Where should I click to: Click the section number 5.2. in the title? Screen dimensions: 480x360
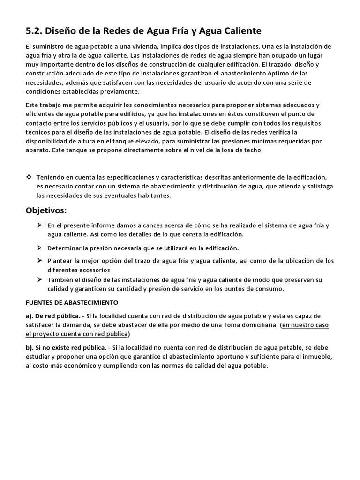click(34, 31)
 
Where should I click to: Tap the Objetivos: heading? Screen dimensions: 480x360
click(46, 210)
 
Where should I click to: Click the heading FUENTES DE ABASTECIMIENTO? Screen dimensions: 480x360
click(72, 302)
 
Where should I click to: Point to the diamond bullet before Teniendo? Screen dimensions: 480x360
click(29, 178)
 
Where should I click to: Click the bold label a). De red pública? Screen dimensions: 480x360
click(53, 315)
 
